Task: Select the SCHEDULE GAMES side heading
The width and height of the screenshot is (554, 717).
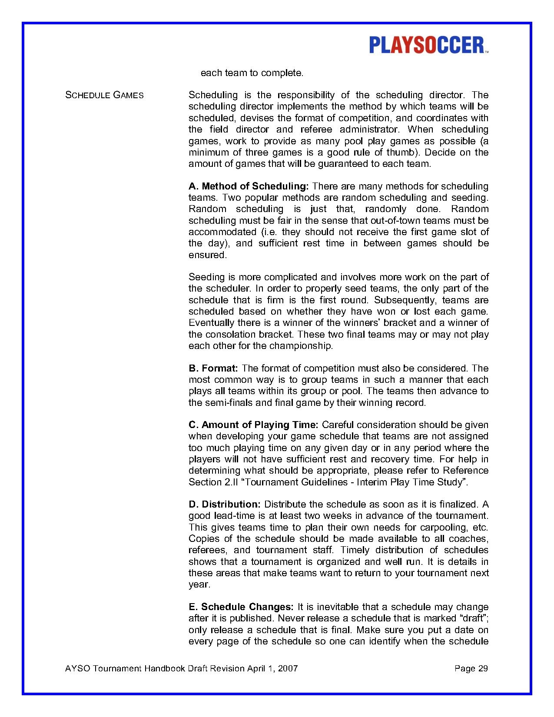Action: [104, 95]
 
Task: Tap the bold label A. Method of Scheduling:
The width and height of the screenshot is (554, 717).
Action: [249, 186]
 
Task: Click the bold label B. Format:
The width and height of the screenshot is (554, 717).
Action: [213, 368]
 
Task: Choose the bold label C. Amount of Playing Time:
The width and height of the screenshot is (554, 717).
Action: [254, 425]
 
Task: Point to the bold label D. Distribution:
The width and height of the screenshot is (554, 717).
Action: [224, 505]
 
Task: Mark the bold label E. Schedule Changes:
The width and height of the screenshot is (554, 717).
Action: [241, 607]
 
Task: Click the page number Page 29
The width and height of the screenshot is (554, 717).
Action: [471, 668]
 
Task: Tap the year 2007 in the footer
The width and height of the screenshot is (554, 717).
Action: [288, 668]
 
